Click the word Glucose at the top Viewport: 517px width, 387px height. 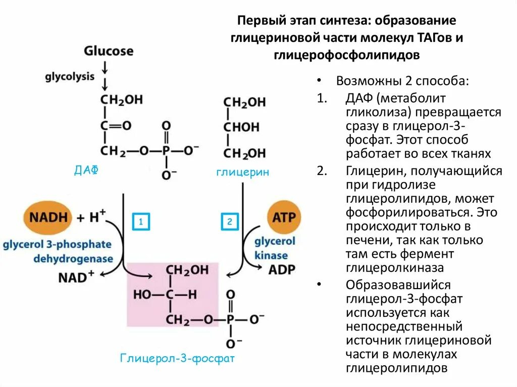coord(109,51)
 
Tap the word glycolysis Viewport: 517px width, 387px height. coord(70,77)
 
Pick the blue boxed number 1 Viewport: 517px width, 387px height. coord(141,222)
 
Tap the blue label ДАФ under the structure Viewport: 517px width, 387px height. coord(86,171)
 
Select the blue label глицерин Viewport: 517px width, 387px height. coord(243,172)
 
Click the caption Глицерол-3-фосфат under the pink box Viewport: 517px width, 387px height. coord(178,358)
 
